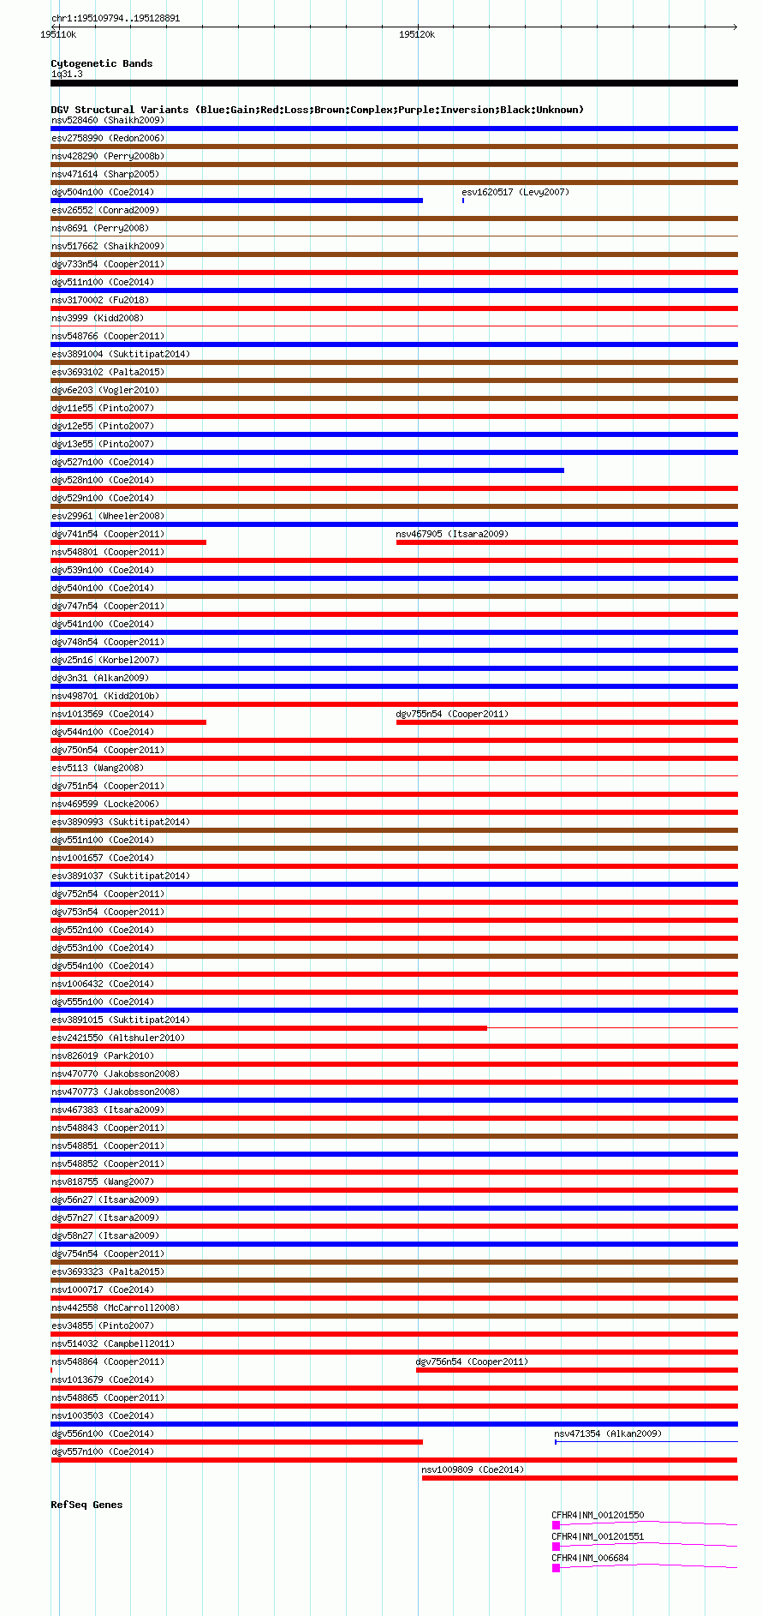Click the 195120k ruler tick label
click(417, 35)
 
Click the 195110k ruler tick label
click(58, 35)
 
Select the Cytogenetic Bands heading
click(101, 63)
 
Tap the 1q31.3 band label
click(67, 74)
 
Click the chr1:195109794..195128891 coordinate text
click(116, 18)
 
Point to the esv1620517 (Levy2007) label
click(515, 192)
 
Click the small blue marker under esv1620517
click(463, 201)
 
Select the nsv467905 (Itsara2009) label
click(451, 534)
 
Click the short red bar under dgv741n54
click(128, 542)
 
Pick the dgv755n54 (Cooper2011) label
click(451, 714)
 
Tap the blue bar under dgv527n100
click(307, 470)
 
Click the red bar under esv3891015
click(269, 1028)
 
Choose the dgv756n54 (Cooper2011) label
click(471, 1362)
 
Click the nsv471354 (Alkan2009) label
click(607, 1433)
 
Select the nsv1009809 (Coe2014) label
click(472, 1469)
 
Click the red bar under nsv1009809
click(580, 1478)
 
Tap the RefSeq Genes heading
click(86, 1505)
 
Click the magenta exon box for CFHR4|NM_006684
click(556, 1568)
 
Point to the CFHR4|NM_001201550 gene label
click(598, 1515)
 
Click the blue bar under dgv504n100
click(236, 201)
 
